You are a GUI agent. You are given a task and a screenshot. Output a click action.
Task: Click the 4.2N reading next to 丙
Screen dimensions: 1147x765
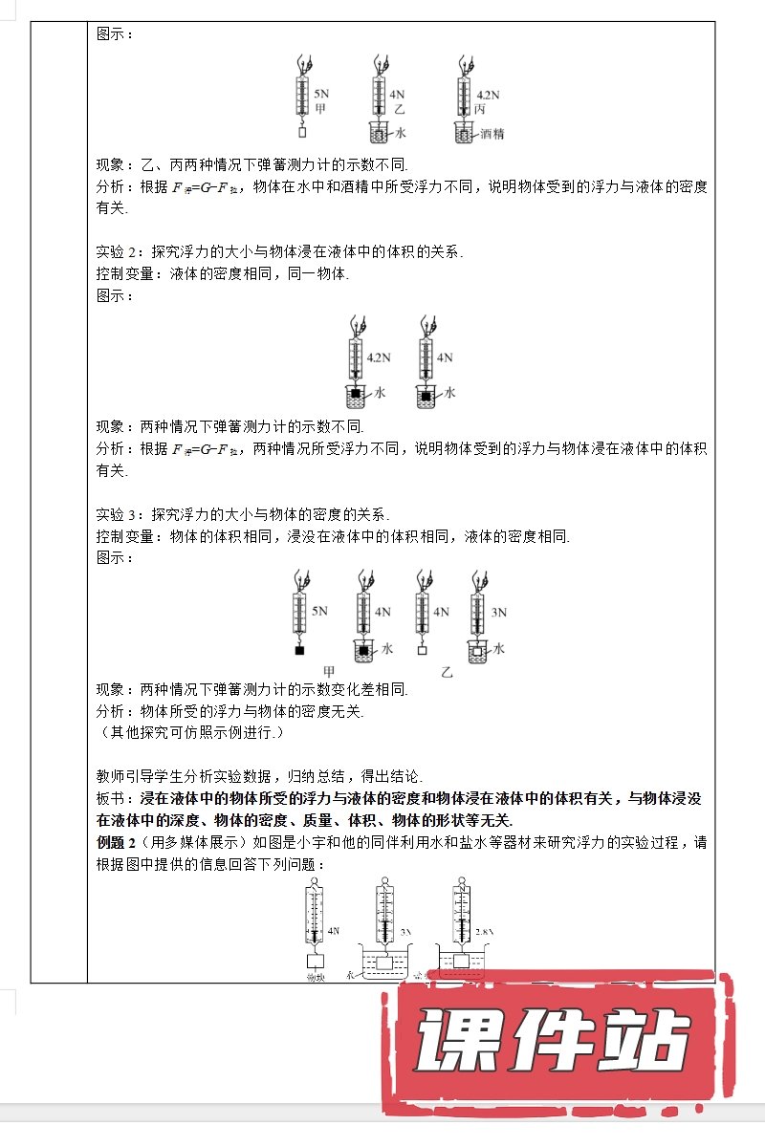coord(488,96)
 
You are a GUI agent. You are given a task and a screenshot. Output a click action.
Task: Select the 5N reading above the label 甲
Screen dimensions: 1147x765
coord(321,96)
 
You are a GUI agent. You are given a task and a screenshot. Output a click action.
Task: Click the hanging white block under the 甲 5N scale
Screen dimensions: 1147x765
coord(305,133)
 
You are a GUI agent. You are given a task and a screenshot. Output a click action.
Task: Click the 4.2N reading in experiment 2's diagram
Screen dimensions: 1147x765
coord(380,357)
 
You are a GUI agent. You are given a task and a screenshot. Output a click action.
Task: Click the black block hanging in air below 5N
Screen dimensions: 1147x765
coord(299,651)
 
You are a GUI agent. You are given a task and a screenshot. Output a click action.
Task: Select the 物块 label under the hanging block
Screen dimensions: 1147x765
coord(317,978)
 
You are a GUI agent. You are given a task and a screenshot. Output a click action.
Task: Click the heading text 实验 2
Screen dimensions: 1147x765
coord(119,253)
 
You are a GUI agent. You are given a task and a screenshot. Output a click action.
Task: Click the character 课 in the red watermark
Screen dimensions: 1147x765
coord(456,1043)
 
